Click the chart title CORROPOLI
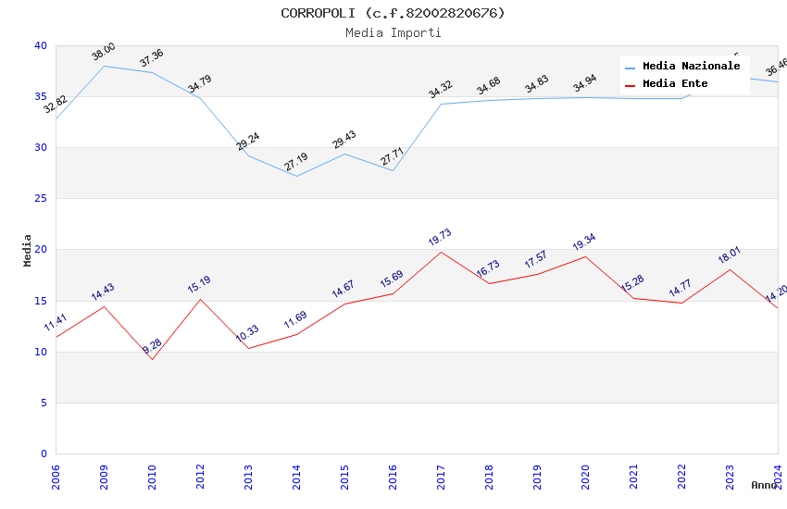coord(393,13)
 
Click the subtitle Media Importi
coord(393,32)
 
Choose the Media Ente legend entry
coord(675,84)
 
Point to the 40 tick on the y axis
coord(40,45)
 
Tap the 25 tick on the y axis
coord(40,199)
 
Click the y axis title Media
coord(28,250)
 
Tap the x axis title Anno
coord(764,485)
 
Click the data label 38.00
coord(103,52)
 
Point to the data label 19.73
coord(440,238)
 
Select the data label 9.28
coord(152,347)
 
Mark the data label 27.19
coord(295,163)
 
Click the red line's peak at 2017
coord(441,252)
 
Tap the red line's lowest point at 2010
coord(152,359)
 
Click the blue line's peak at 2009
coord(104,66)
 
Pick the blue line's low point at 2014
coord(296,176)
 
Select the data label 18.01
coord(730,255)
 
